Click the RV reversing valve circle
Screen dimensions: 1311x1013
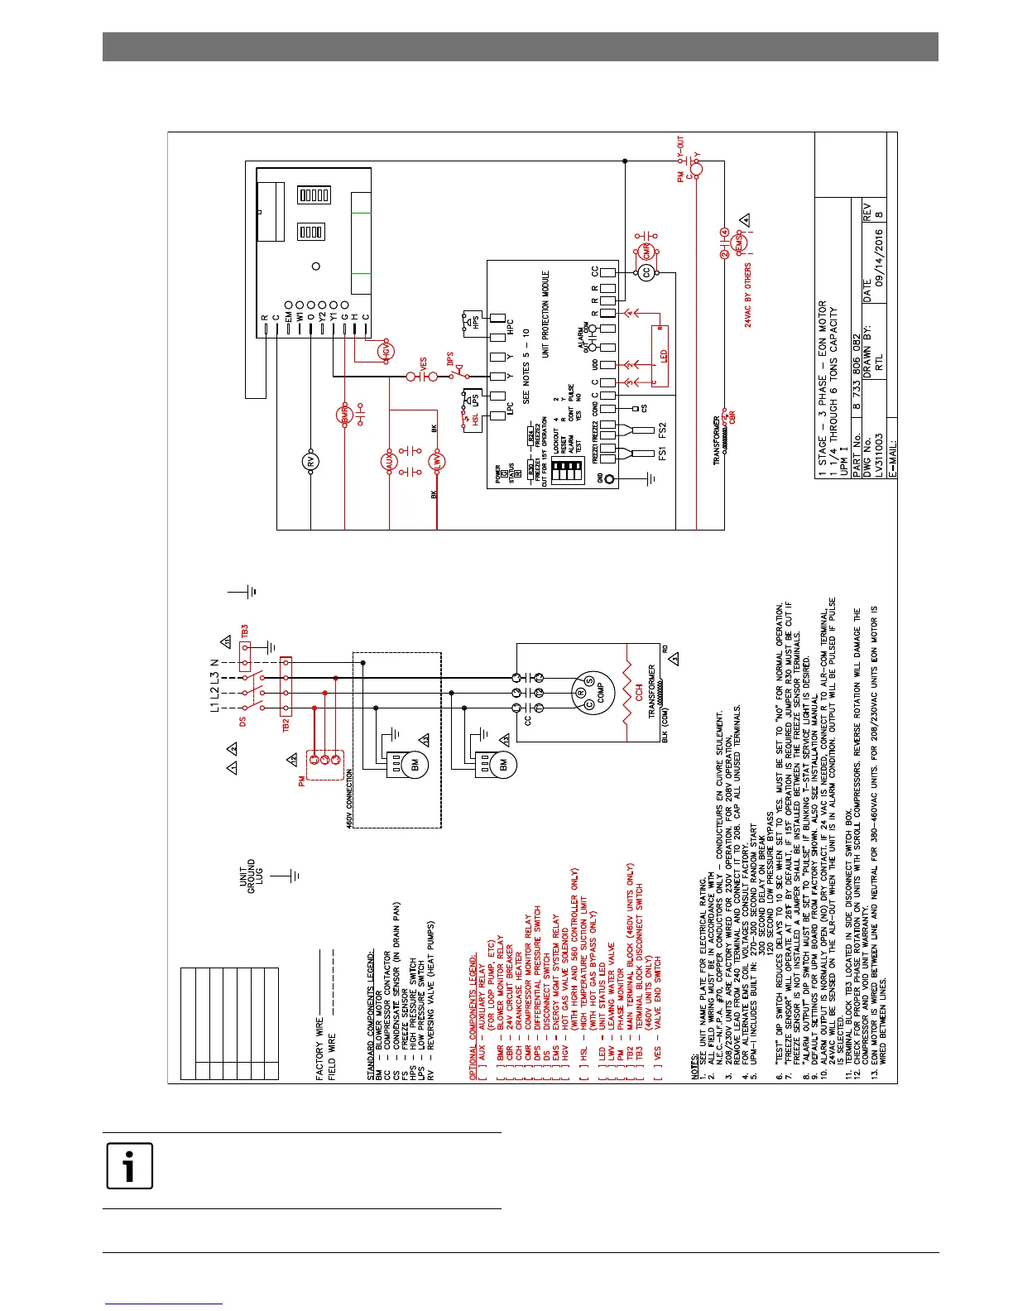click(x=311, y=463)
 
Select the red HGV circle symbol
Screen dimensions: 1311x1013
click(x=386, y=352)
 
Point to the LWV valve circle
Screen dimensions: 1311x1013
click(x=437, y=462)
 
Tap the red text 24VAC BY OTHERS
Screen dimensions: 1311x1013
click(x=748, y=295)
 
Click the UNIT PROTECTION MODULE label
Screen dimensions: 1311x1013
click(x=545, y=315)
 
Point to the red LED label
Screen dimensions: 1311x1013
click(x=664, y=356)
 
